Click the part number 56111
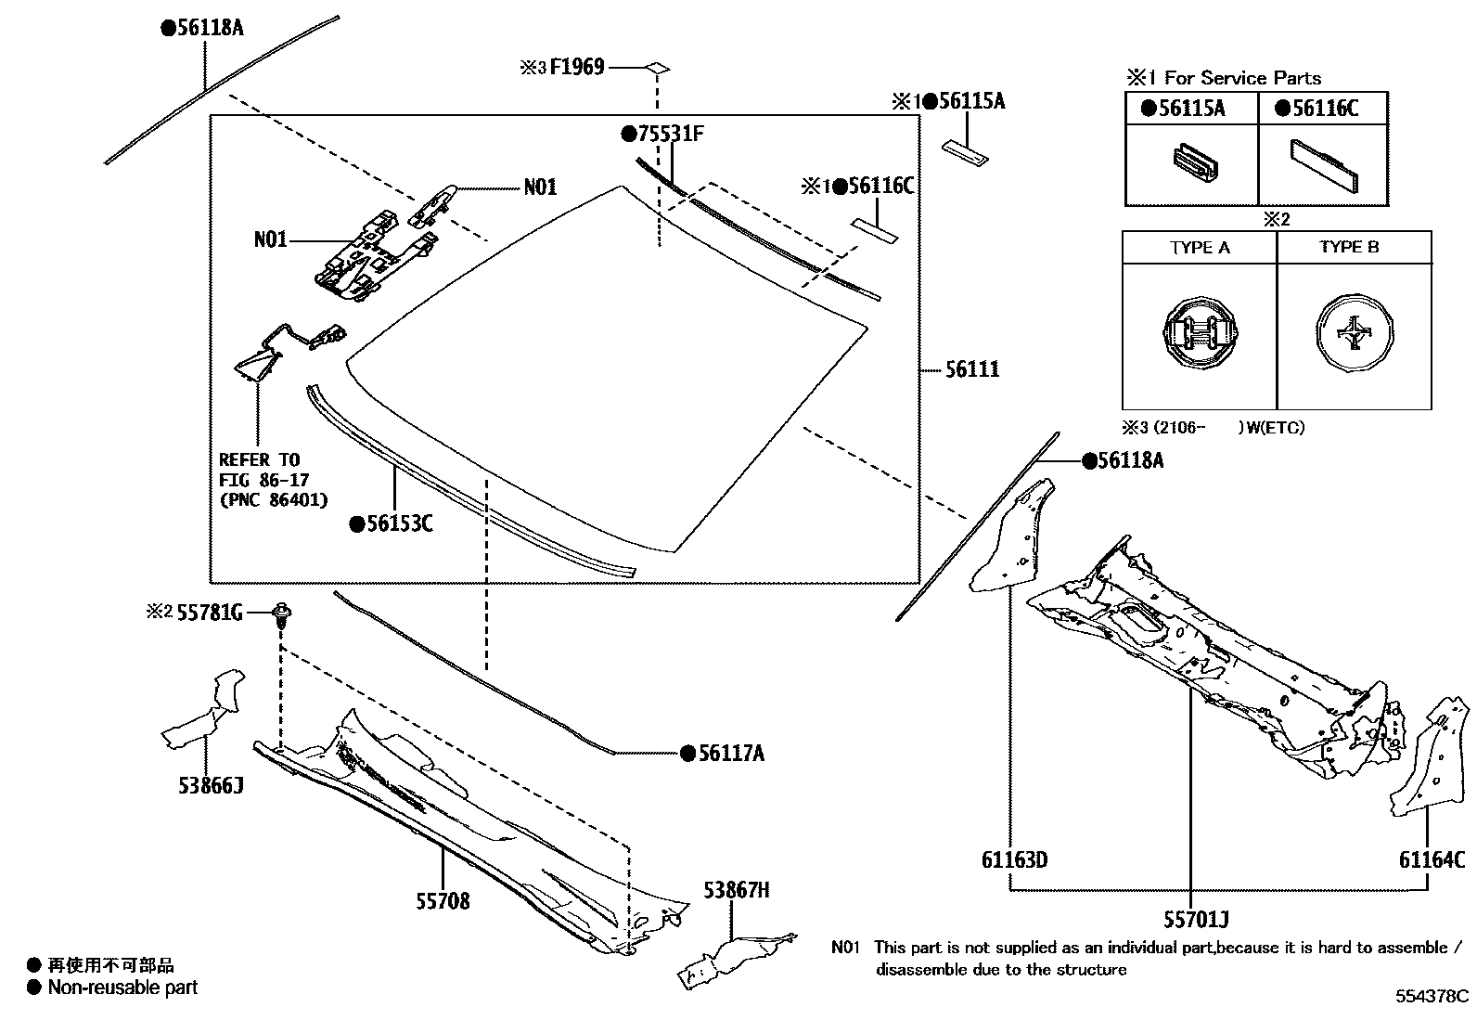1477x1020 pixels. pos(972,369)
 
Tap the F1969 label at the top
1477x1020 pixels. pos(576,67)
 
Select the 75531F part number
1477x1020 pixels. pos(669,134)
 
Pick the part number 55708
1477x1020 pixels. pos(442,900)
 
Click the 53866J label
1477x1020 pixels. pos(211,786)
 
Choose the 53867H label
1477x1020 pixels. pos(736,890)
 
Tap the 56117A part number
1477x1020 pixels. pos(730,754)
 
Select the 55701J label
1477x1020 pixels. pos(1196,920)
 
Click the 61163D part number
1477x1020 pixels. pos(1014,860)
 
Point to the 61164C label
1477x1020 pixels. pos(1432,860)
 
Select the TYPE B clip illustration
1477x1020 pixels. pos(1355,334)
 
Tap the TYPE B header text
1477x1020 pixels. pos(1349,247)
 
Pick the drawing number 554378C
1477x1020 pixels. pos(1432,997)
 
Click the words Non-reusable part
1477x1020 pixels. pos(122,988)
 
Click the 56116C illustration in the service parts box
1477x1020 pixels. pos(1324,164)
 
